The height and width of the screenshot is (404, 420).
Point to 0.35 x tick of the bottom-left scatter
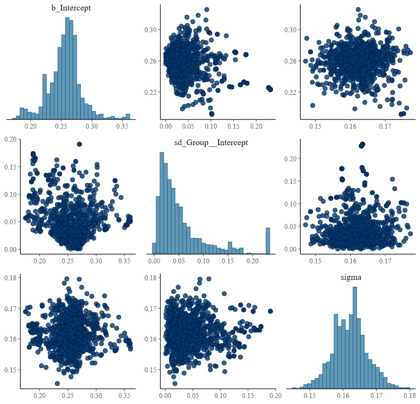124,397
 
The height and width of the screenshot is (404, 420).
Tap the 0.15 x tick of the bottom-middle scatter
248,397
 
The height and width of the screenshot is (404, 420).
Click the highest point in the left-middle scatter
79,144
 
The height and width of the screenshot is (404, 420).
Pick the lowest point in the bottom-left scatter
58,383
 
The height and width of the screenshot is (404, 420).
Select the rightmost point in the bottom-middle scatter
270,311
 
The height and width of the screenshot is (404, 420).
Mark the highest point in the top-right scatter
358,10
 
